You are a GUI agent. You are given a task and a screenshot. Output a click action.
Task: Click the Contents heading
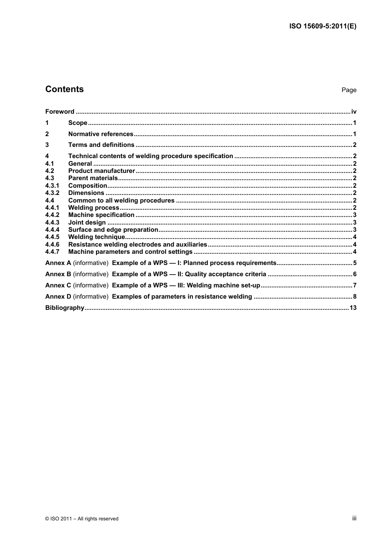[x=64, y=89]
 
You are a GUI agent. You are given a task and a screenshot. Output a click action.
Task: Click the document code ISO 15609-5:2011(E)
[x=322, y=26]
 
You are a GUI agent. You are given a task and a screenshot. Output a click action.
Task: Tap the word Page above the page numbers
[x=349, y=90]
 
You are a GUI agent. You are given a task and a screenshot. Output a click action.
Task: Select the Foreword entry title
[x=60, y=112]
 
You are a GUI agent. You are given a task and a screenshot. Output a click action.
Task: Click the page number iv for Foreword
[x=354, y=112]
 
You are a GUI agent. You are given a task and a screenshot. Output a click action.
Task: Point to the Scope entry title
[x=78, y=123]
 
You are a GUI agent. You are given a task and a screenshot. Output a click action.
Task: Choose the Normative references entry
[x=100, y=134]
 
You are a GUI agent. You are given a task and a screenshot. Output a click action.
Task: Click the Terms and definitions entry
[x=101, y=145]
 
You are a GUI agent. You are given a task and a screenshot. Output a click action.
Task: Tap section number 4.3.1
[x=52, y=186]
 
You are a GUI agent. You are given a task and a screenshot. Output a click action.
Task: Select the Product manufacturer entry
[x=102, y=171]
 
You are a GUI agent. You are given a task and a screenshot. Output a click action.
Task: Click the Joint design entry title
[x=87, y=223]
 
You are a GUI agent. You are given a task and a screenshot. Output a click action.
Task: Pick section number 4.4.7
[x=52, y=252]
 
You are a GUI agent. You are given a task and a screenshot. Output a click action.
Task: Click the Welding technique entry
[x=96, y=237]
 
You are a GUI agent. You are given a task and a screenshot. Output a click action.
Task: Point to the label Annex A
[x=58, y=263]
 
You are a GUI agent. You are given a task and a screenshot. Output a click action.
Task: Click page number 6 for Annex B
[x=355, y=274]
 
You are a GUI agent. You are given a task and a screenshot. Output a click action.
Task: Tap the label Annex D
[x=58, y=297]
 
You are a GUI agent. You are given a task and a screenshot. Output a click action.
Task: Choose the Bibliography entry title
[x=65, y=308]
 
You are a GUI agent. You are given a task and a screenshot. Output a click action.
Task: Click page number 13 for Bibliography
[x=353, y=308]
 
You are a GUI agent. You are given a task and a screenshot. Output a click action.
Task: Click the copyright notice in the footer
[x=82, y=519]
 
